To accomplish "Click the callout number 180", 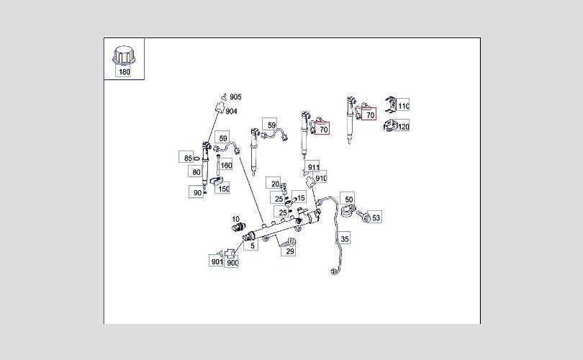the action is click(x=125, y=71).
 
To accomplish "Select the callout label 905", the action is click(x=235, y=97).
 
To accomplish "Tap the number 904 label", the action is click(x=231, y=111).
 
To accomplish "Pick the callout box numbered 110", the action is click(x=403, y=106).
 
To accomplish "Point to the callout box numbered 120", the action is click(x=403, y=127).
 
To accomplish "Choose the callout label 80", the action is click(x=196, y=172).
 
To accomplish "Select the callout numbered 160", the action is click(x=226, y=166).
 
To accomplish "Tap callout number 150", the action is click(x=223, y=189).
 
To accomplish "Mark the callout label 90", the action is click(x=197, y=192).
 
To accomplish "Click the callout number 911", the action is click(x=313, y=167).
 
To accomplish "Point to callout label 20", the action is click(x=274, y=184).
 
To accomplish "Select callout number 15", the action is click(x=300, y=198).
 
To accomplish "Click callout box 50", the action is click(x=348, y=199).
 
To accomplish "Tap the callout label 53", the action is click(x=376, y=217).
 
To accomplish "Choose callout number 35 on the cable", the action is click(x=344, y=238).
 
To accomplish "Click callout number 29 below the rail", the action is click(x=289, y=251).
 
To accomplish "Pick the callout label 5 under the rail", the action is click(x=252, y=246).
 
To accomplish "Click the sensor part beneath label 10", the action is click(x=238, y=228).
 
